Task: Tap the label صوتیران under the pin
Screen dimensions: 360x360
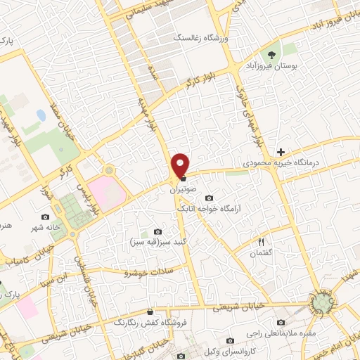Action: (x=181, y=189)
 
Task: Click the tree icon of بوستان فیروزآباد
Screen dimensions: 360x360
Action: (x=271, y=53)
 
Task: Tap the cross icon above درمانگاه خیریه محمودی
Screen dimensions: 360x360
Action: (x=281, y=152)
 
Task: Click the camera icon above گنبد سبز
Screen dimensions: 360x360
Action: (x=157, y=232)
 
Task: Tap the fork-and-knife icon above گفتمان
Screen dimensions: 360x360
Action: (x=262, y=241)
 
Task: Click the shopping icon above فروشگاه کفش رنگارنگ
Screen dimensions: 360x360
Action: (x=150, y=311)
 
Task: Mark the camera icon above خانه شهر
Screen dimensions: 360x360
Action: (x=46, y=217)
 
